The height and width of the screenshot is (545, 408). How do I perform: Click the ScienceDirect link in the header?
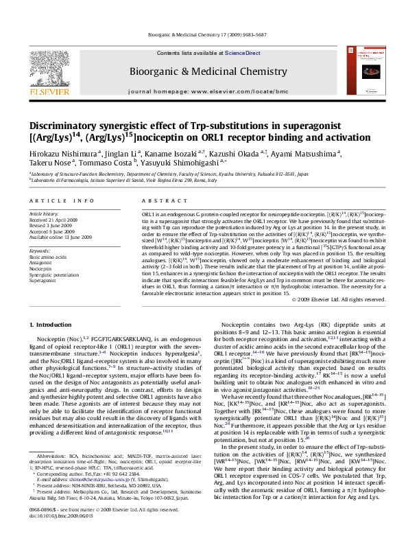[244, 53]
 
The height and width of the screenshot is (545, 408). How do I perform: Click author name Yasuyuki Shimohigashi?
[182, 163]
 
